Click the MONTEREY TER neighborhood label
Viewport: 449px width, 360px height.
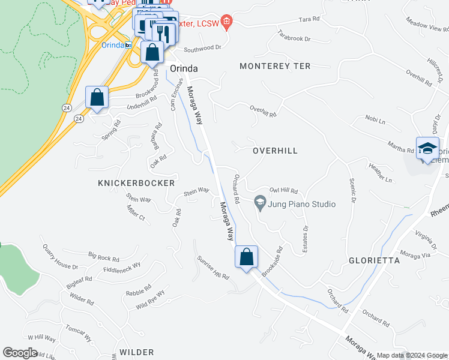(275, 66)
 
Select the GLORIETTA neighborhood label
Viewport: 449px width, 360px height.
(374, 260)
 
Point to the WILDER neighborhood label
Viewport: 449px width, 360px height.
(136, 352)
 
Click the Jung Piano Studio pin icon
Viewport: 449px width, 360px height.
(260, 202)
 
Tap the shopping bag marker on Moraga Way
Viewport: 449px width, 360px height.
(246, 258)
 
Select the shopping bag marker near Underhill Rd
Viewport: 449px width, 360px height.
(97, 98)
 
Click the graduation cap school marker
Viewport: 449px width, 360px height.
(427, 149)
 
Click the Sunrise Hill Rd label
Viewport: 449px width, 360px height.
(213, 268)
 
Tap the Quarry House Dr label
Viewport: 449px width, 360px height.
(60, 256)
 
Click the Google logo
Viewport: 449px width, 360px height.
(20, 352)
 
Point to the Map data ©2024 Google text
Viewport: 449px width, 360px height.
(412, 355)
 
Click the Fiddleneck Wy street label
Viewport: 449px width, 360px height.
(121, 266)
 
